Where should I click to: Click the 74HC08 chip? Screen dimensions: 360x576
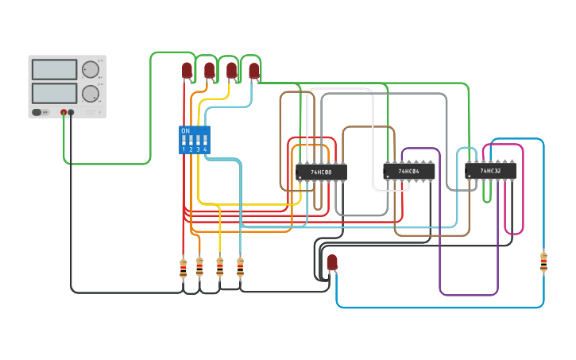[321, 172]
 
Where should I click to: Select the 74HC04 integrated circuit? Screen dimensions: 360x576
[409, 171]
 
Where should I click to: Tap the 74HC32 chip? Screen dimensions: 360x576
[490, 170]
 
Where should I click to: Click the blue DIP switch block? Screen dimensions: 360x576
[194, 139]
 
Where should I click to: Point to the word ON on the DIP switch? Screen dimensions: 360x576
[185, 130]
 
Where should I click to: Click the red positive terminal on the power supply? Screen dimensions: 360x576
[64, 113]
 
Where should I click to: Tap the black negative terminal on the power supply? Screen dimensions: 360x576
[72, 113]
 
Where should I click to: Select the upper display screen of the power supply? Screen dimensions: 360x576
[54, 69]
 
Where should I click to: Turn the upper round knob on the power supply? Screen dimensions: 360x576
[91, 69]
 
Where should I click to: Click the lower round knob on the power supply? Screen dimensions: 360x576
[91, 94]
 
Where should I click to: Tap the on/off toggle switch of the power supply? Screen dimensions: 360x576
[38, 113]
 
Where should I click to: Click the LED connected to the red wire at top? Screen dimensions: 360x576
[187, 71]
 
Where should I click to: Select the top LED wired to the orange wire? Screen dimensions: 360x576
[209, 71]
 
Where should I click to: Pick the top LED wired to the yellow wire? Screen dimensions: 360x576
[231, 71]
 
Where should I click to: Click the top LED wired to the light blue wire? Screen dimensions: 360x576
[253, 72]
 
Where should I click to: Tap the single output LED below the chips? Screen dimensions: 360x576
[332, 261]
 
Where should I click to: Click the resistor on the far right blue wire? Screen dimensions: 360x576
[543, 261]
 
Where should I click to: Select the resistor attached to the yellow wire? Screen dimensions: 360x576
[219, 266]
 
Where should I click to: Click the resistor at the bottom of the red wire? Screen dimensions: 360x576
[184, 268]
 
